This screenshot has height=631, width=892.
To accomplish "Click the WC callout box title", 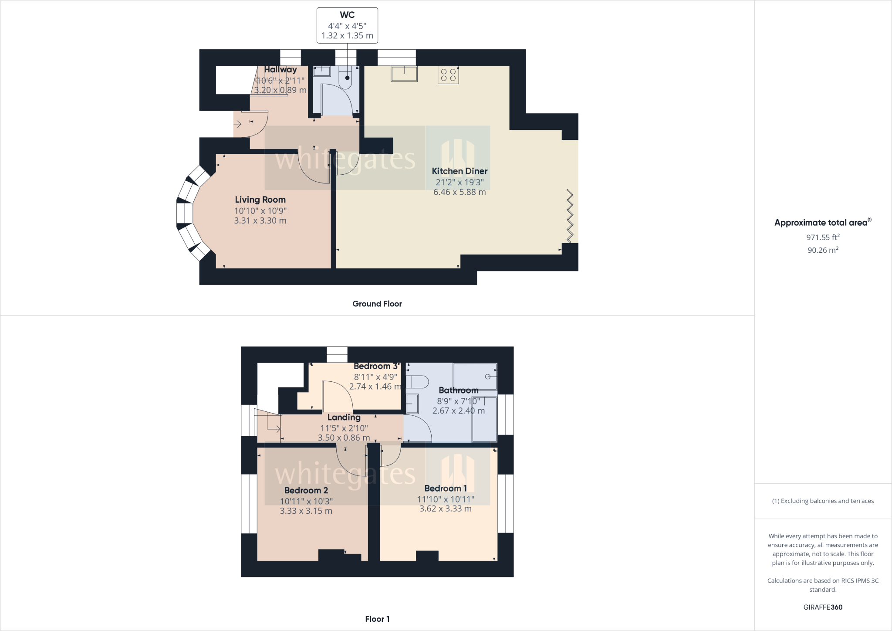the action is point(347,15).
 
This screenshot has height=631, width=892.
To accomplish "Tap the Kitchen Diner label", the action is point(460,171).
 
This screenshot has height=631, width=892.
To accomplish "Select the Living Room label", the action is point(260,200).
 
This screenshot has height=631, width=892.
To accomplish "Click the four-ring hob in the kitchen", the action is point(448,75).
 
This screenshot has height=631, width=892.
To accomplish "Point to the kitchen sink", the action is point(404,74).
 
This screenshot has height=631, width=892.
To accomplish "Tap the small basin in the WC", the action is point(322,71).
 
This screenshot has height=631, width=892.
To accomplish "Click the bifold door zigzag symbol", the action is point(570,215).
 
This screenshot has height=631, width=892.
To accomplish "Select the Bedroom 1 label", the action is point(446,489).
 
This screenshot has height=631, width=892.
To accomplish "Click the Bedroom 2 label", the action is point(306,491).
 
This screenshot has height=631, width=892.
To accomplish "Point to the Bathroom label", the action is point(459,390).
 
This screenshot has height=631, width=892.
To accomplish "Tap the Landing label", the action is point(344,417).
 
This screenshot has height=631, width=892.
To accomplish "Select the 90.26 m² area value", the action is point(823,250).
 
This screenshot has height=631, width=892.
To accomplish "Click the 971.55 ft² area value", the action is point(823,237).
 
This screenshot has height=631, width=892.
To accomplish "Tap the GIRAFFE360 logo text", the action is point(823,607).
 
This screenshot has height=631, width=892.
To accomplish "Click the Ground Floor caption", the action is point(377,304).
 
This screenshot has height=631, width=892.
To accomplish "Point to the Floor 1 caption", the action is point(377,619).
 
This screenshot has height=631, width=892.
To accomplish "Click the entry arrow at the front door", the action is point(238,124).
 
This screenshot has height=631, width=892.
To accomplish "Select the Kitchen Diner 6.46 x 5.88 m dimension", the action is point(460,192).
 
